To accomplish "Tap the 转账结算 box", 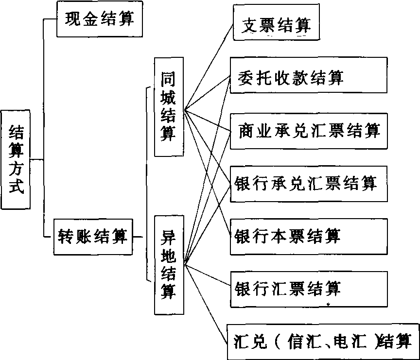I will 92,237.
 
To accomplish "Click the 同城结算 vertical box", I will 169,107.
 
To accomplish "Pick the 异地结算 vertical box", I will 169,265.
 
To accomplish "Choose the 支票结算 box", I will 276,25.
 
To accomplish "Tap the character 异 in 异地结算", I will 169,238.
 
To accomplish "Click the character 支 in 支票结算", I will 251,25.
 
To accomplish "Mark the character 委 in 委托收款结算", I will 246,76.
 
